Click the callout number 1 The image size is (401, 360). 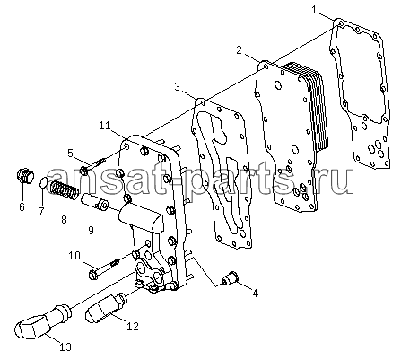314,10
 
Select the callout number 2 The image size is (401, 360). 239,50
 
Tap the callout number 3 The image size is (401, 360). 178,87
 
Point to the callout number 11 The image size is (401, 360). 105,126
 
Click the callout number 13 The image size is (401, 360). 65,347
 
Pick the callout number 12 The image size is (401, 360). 133,326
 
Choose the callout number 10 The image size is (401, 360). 74,256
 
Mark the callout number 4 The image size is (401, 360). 255,293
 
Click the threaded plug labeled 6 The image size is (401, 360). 25,176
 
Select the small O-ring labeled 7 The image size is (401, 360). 43,182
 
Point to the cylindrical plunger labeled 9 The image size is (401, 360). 94,202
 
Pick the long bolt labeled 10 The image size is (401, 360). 104,268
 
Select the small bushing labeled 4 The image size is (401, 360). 231,278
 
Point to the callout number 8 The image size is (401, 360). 64,219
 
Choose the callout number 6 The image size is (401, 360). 22,206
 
